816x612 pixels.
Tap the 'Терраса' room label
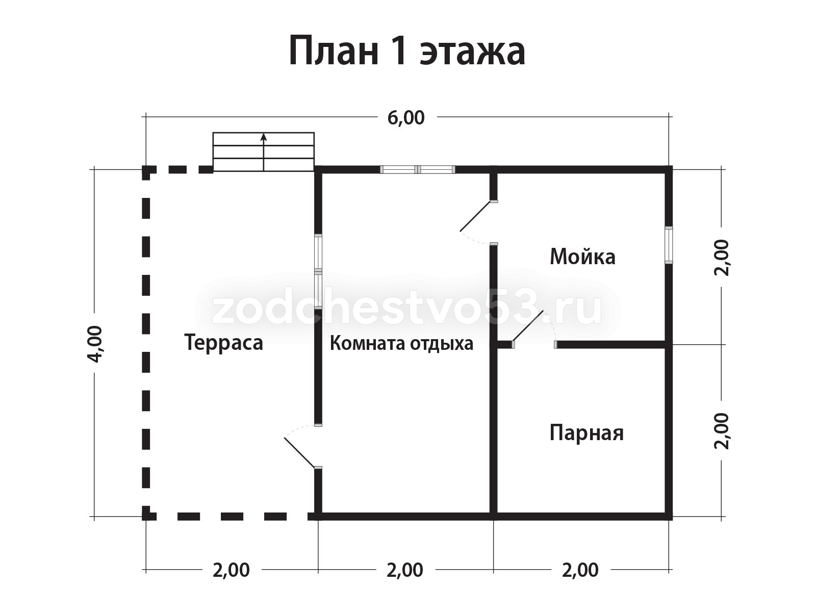coord(224,342)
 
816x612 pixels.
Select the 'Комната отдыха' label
coord(401,343)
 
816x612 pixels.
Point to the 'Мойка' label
coord(582,257)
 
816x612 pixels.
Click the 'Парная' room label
coord(586,433)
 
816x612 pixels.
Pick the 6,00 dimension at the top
coord(406,118)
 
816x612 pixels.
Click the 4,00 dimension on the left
coord(95,344)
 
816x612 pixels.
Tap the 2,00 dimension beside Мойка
coord(722,258)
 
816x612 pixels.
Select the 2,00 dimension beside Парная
coord(722,431)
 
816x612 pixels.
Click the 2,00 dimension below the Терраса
coord(231,570)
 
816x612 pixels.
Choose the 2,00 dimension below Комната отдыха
coord(405,570)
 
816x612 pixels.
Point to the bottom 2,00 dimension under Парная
coord(580,570)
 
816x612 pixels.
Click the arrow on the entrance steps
coord(264,152)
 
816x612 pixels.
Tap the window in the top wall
coord(418,170)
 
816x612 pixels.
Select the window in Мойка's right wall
coord(669,245)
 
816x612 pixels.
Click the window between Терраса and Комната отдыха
coord(318,272)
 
